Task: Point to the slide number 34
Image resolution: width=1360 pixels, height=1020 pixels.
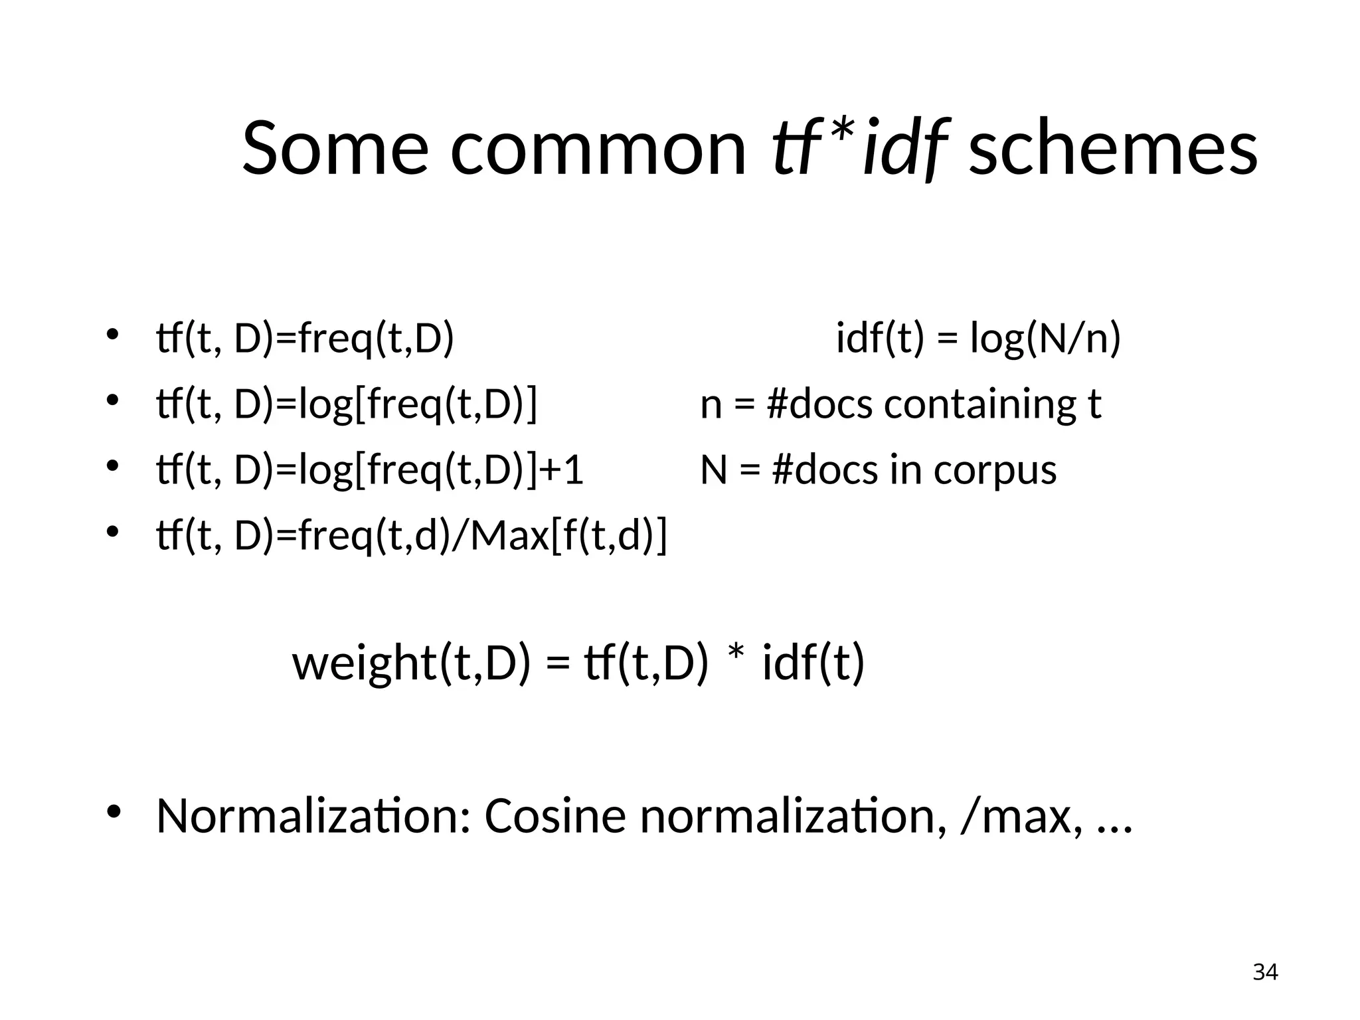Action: [x=1265, y=972]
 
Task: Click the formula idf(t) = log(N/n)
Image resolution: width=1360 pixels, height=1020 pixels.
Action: [x=978, y=339]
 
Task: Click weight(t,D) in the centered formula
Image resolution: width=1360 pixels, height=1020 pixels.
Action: [x=412, y=663]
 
